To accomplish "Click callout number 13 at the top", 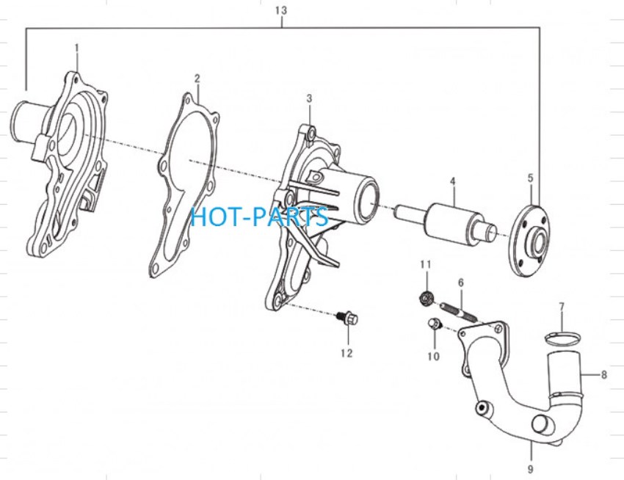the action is (x=281, y=10).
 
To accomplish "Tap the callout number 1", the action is (x=77, y=48).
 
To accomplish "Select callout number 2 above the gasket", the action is (x=197, y=79).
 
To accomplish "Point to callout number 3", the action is (x=309, y=98).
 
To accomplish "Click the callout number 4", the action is (x=452, y=181).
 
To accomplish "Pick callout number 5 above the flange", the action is (x=530, y=178).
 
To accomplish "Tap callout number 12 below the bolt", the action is (x=347, y=353).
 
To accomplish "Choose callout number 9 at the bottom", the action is (x=530, y=469).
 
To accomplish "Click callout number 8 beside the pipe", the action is (x=603, y=374).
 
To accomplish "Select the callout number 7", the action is (x=562, y=307).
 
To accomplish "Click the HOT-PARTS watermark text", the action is (x=259, y=217).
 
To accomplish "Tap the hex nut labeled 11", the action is (x=427, y=297).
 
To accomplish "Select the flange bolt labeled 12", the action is (x=349, y=318).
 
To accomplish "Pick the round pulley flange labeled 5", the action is (x=530, y=241).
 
